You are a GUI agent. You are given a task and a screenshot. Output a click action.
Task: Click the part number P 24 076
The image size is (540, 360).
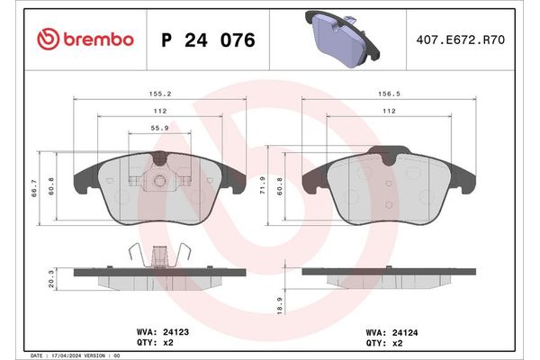coord(207,40)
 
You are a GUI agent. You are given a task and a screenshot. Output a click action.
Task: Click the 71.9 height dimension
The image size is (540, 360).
coord(263,185)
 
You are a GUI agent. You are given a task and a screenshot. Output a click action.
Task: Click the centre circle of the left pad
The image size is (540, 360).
coord(159,182)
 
